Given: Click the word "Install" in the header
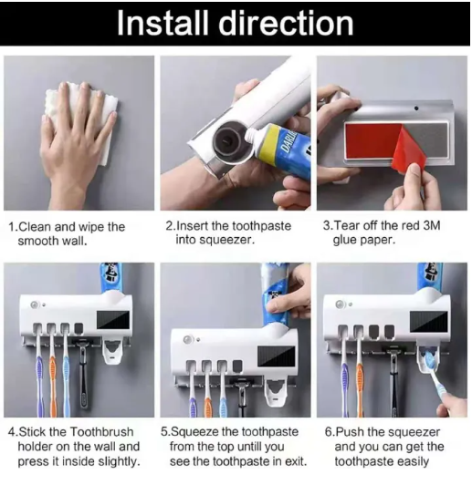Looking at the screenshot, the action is point(162,23).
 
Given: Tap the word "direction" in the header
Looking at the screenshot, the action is point(287,23).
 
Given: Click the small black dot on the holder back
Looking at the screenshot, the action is point(416,108).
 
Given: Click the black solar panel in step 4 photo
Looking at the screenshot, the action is point(113,319).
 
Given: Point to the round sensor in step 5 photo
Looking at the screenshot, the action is point(187,340).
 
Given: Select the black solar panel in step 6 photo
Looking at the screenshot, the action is point(429,322).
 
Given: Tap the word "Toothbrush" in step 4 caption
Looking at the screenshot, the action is point(101,432).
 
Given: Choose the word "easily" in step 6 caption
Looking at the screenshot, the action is point(414,462).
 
